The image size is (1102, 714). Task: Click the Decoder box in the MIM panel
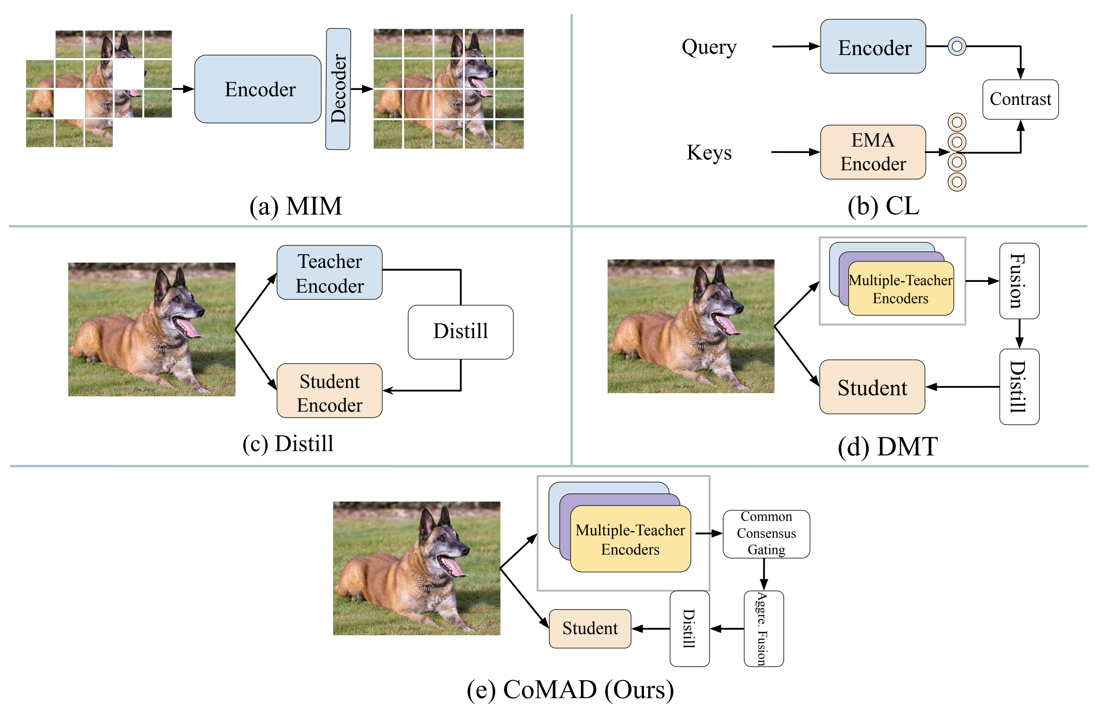(x=338, y=89)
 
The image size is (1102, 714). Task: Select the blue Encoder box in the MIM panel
(x=258, y=89)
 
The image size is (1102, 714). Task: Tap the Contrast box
(x=1020, y=99)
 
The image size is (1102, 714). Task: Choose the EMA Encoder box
(x=873, y=152)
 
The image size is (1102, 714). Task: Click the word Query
(x=709, y=47)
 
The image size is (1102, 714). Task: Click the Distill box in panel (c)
(x=460, y=332)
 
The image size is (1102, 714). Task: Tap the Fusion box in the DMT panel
(x=1019, y=281)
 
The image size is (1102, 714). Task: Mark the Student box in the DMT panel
(x=872, y=387)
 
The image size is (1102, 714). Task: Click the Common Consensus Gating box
(x=767, y=534)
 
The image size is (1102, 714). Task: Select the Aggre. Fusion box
(x=764, y=628)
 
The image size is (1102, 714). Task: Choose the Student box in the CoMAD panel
(x=590, y=628)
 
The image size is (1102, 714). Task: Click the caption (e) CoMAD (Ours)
(x=570, y=690)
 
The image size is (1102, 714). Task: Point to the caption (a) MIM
(x=295, y=206)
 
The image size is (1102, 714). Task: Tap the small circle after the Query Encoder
(x=957, y=46)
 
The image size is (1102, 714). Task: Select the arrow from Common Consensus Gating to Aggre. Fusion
(x=764, y=575)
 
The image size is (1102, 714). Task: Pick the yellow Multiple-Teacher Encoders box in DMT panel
(x=901, y=289)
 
